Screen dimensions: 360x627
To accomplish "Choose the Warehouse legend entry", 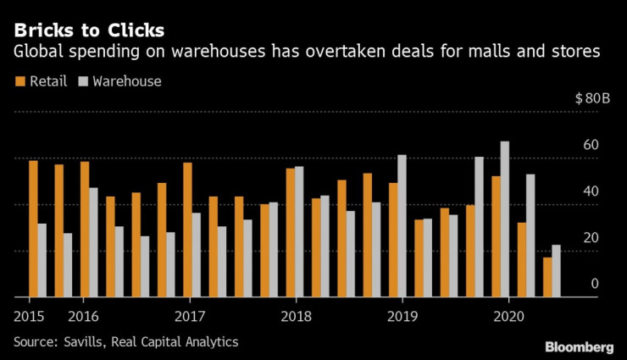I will [119, 81].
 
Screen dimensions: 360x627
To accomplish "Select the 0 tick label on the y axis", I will [595, 284].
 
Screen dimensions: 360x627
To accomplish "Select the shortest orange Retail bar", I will [547, 277].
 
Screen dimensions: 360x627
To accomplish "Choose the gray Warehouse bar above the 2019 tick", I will [402, 226].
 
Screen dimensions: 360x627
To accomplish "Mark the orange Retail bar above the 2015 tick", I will [33, 229].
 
